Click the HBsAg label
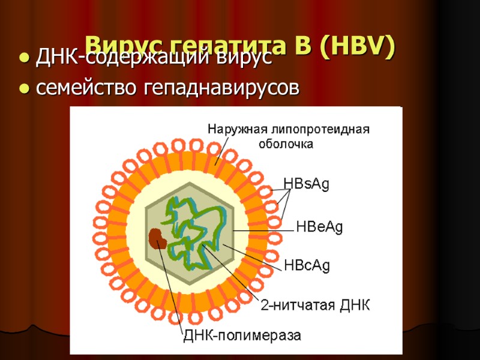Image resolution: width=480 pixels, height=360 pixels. click(306, 184)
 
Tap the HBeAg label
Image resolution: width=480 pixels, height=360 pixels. click(320, 227)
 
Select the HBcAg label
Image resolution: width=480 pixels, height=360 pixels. click(307, 265)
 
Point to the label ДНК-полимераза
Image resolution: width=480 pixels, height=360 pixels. click(242, 335)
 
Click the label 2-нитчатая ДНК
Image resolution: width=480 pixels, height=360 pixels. click(315, 305)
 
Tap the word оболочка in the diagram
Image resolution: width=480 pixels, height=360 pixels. click(286, 144)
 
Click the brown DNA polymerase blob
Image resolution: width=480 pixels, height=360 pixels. click(158, 239)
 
